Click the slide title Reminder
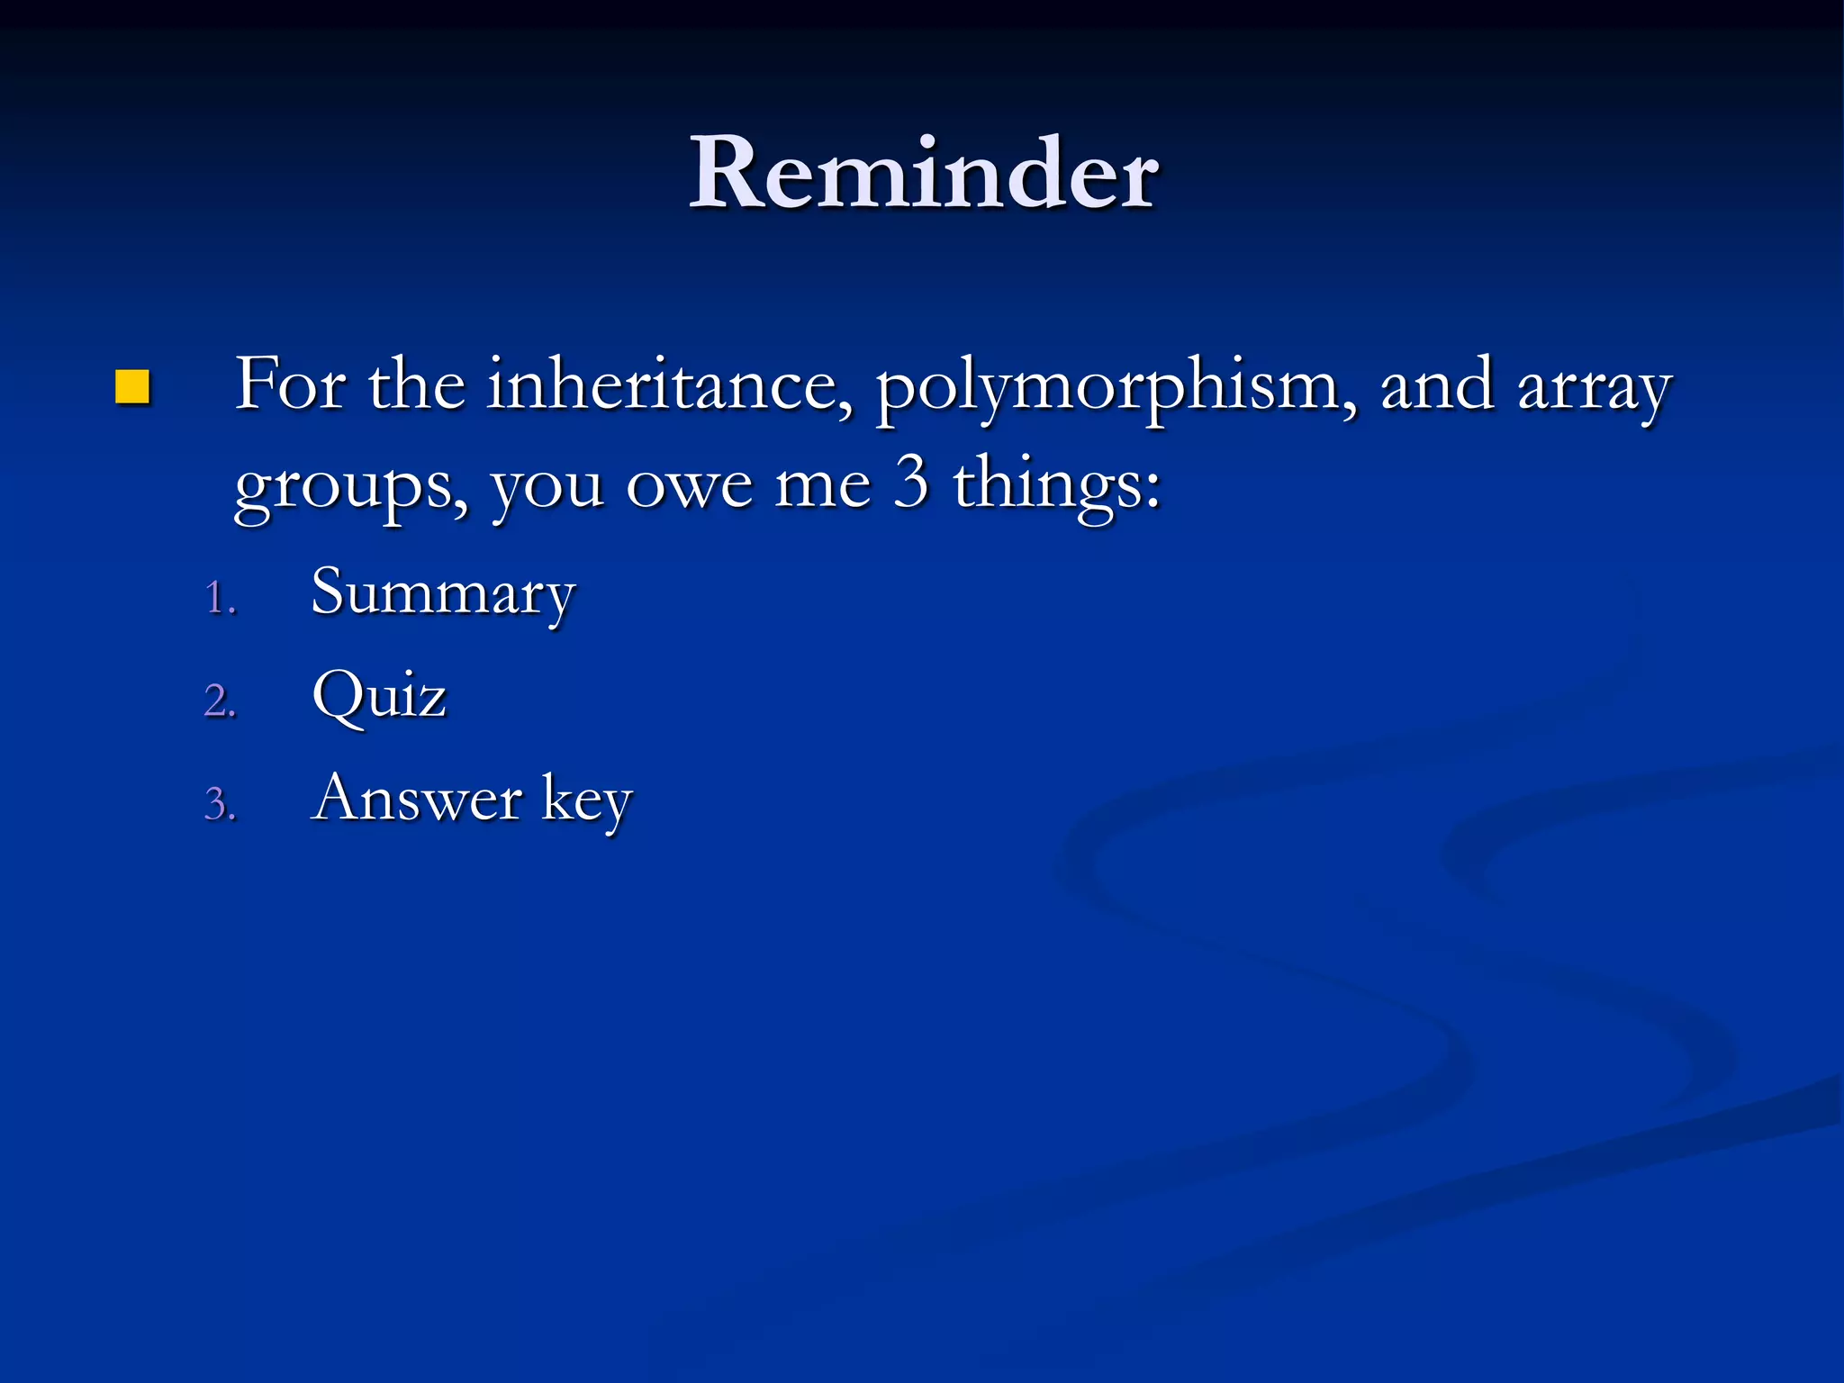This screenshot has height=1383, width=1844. tap(924, 173)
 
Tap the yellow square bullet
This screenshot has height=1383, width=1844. tap(132, 388)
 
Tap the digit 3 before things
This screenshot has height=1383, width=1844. tap(911, 481)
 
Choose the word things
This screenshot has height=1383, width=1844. tap(1057, 484)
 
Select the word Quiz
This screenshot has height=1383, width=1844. tap(379, 696)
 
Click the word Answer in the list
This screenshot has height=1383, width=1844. tap(416, 799)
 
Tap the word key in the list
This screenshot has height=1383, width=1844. tap(587, 800)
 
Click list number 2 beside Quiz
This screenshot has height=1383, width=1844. tap(220, 701)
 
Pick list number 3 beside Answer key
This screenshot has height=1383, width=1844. tap(220, 804)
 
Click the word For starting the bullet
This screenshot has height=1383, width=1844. tap(290, 385)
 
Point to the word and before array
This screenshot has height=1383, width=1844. tap(1435, 385)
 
